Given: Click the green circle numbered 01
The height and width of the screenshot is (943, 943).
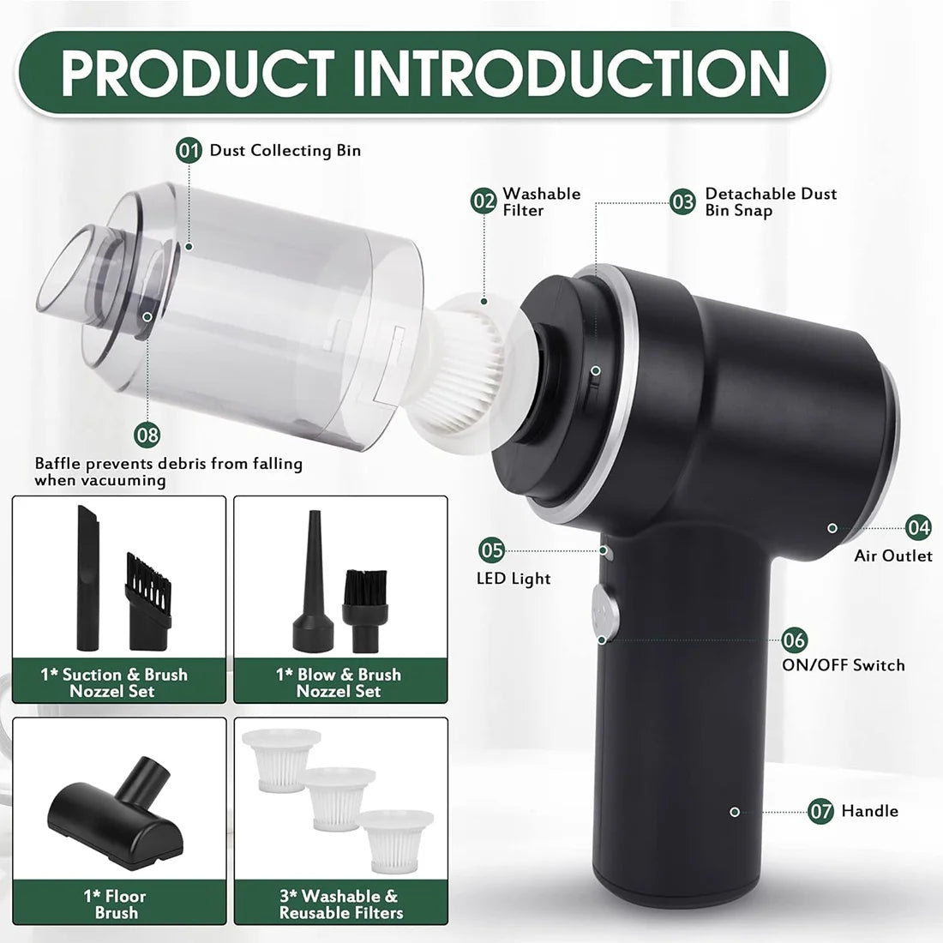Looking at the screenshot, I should [x=189, y=151].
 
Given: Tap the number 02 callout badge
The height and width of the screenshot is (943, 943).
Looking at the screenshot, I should [x=484, y=201].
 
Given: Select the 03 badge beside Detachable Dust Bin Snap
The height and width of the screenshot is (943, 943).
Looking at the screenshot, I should [x=683, y=201].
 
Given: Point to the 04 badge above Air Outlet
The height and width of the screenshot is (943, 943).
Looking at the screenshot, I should [x=919, y=527].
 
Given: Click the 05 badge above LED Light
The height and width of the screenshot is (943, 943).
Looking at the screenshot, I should [x=492, y=550].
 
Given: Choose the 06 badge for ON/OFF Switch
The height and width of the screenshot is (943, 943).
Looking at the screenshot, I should [x=795, y=640].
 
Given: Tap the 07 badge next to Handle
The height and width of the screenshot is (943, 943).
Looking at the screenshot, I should [x=821, y=811].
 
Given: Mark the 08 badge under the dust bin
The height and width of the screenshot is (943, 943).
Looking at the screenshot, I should [x=147, y=434].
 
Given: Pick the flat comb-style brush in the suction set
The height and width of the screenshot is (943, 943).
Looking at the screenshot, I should [x=147, y=600].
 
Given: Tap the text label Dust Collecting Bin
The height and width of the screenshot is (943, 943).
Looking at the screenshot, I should [x=285, y=151].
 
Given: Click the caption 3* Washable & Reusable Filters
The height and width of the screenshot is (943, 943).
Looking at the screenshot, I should [x=340, y=904].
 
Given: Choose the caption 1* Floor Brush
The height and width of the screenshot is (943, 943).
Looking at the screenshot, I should [x=116, y=904].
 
